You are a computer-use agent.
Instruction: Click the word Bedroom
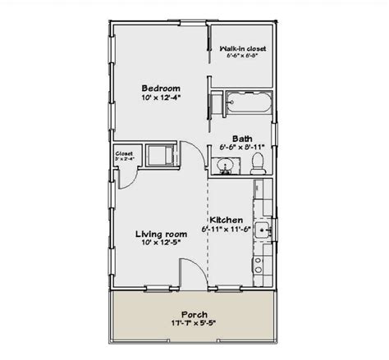coord(160,88)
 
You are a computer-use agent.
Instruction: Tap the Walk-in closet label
coord(244,49)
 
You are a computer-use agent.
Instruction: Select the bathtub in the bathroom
coord(245,105)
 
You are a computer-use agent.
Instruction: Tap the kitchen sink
coord(263,231)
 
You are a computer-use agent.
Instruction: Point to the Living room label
coord(160,234)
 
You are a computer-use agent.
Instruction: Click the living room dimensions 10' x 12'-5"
coord(160,244)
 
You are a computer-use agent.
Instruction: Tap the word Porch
coord(195,314)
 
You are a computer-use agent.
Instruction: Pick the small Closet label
coord(125,153)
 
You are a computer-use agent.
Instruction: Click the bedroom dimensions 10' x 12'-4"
coord(160,98)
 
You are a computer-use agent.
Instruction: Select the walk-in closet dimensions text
coord(244,58)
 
